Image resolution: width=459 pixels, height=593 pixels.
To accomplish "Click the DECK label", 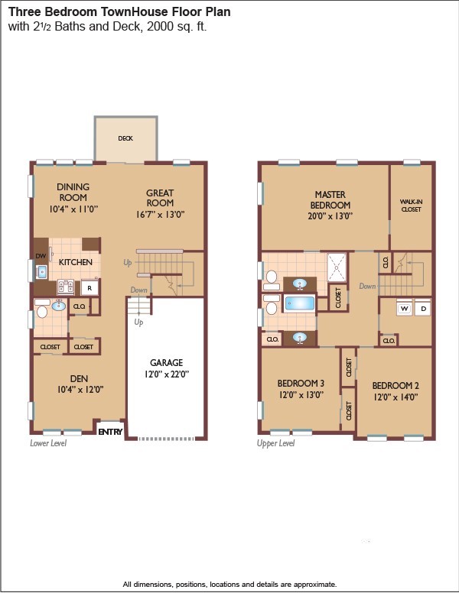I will pos(125,139).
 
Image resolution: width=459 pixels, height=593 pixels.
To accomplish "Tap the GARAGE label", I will pos(165,363).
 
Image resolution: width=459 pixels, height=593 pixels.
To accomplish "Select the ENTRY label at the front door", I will pos(110,433).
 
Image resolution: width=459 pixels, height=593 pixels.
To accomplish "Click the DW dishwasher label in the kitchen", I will pos(41,256).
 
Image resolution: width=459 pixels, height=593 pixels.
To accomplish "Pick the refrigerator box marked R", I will pos(90,288).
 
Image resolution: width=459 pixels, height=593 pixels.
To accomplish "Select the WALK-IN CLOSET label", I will pos(411,206).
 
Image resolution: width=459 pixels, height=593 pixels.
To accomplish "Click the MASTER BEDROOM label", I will pos(330,200).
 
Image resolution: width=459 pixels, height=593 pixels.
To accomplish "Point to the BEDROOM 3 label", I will pos(301,384).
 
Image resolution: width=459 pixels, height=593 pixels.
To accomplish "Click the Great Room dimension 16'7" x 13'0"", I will pos(160,215).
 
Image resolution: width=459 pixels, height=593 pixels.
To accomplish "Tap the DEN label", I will pos(79,378).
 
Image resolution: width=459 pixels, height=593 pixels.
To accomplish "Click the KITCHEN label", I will pos(76,262).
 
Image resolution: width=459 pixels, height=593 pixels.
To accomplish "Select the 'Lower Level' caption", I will pos(48,443).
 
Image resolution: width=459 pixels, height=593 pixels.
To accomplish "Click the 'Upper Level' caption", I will pos(276,443).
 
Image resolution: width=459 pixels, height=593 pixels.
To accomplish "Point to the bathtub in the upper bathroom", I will pos(301,303).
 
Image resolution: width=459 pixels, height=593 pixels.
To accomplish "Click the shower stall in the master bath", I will pos(337,268).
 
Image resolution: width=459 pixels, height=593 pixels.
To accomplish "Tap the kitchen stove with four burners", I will pos(66,287).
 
